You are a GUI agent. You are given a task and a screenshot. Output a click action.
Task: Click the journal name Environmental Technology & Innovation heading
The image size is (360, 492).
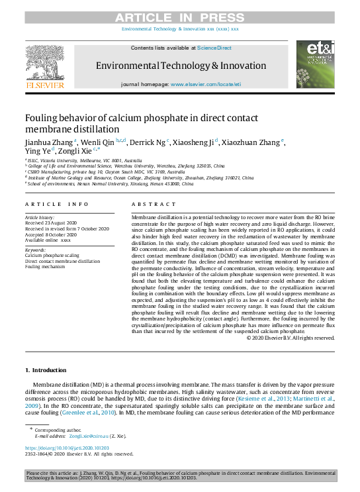tap(181, 66)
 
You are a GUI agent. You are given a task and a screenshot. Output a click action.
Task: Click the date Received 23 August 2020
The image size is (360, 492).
tap(53, 222)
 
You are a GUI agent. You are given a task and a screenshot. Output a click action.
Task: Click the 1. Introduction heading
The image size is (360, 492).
tap(46, 369)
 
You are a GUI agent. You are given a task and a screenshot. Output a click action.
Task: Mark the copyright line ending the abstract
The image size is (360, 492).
tap(291, 338)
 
